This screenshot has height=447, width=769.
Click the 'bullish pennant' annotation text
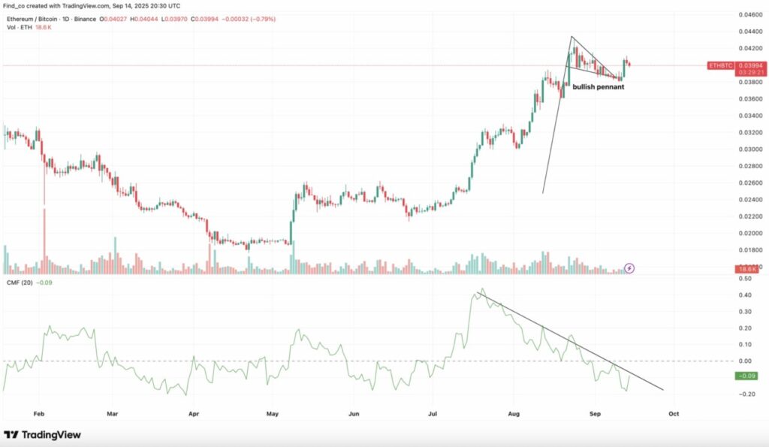598,87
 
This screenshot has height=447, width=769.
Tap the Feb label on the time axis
40,412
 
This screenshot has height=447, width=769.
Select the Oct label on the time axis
674,412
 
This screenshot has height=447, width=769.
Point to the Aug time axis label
514,412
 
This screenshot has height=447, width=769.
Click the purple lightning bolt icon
630,267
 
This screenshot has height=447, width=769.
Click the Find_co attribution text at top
16,5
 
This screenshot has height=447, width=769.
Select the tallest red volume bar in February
44,240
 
